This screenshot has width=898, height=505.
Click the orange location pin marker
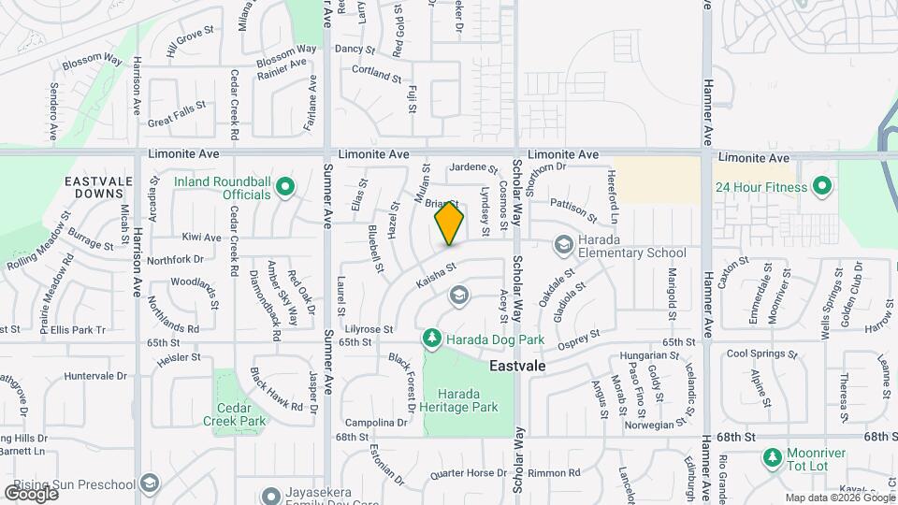[449, 223]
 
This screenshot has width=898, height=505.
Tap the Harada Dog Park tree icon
[431, 336]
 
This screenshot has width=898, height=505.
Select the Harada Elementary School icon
[563, 244]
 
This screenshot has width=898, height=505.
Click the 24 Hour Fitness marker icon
[822, 186]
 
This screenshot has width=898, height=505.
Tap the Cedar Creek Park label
[234, 414]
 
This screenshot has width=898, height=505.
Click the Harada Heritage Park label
[460, 400]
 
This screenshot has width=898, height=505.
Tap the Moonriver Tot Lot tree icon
[772, 457]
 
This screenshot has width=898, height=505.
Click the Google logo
[30, 492]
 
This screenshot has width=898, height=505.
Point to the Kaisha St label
[437, 273]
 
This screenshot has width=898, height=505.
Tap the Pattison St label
[572, 203]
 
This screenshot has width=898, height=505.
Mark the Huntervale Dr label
[95, 376]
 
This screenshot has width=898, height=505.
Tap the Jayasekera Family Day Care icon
[271, 495]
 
